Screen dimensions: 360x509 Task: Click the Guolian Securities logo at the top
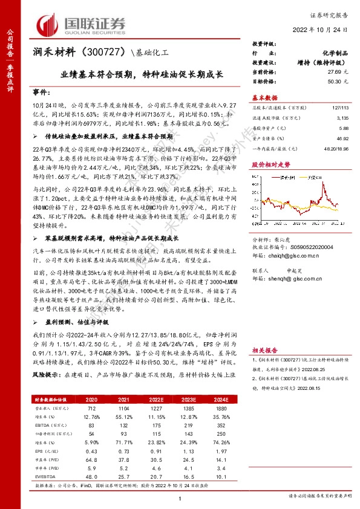coord(82,24)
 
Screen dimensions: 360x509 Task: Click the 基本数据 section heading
coord(264,97)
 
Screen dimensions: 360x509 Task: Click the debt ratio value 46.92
coord(342,138)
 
